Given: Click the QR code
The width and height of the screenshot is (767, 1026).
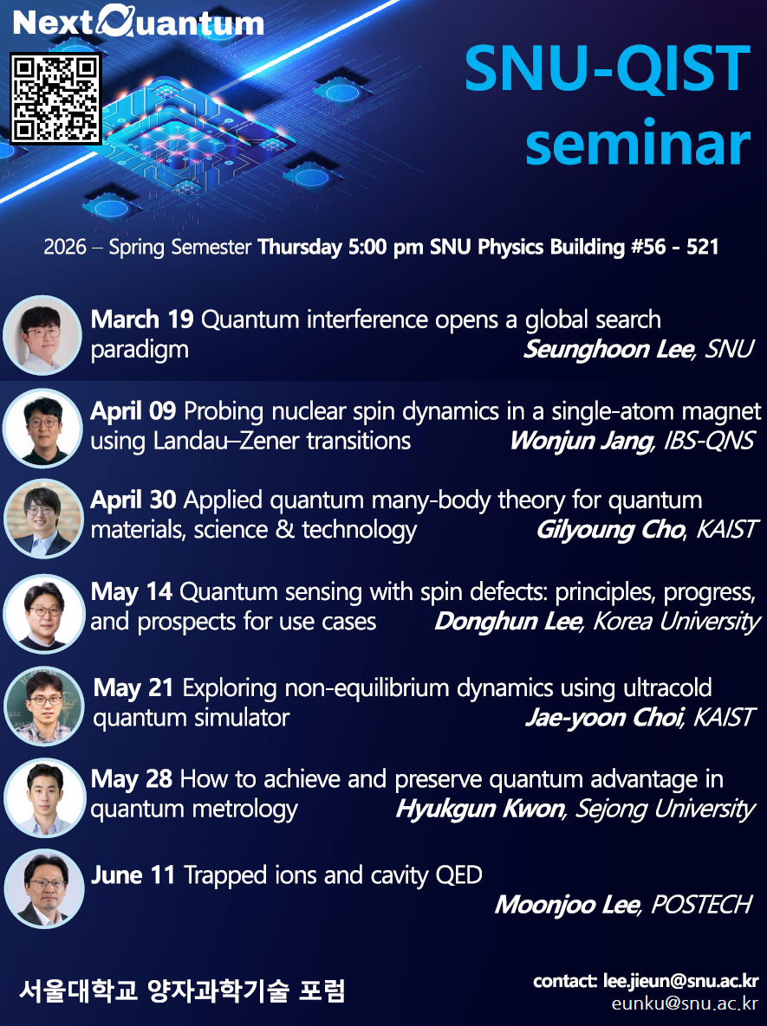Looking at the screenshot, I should [x=55, y=99].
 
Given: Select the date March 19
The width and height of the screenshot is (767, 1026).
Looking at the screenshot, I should [x=142, y=320].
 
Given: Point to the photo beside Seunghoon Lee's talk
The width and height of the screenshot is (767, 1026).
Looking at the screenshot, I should [x=42, y=335].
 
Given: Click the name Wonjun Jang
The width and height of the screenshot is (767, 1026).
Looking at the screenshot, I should [x=580, y=441].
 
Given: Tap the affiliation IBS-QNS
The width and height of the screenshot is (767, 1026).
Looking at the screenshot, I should [x=708, y=441].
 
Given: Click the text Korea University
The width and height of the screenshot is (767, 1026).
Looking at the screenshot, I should [x=676, y=622].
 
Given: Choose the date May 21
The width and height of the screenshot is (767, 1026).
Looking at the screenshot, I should [x=134, y=688].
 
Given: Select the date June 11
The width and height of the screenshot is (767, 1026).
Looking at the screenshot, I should [x=133, y=875].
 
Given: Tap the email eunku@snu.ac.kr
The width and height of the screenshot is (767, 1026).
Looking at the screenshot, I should [x=685, y=1004].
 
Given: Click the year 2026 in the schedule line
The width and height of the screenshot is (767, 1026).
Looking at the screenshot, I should [x=65, y=248].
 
